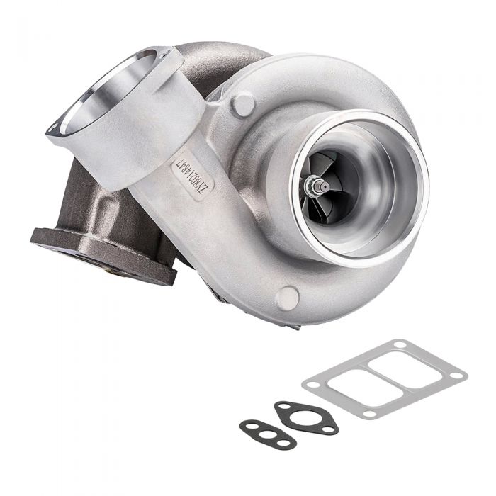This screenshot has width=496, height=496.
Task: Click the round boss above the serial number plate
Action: [242, 104]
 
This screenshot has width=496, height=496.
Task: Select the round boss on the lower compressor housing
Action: [287, 298]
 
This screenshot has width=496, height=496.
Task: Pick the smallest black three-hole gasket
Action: [267, 434]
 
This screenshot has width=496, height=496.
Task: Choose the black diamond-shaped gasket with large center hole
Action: [306, 418]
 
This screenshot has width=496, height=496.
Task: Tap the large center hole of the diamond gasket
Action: [305, 417]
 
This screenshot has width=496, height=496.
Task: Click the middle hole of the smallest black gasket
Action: [267, 434]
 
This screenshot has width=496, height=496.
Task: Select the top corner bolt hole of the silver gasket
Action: [402, 345]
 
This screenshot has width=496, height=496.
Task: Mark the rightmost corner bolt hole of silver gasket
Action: [457, 375]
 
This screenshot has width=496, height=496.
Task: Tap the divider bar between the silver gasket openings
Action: [385, 379]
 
